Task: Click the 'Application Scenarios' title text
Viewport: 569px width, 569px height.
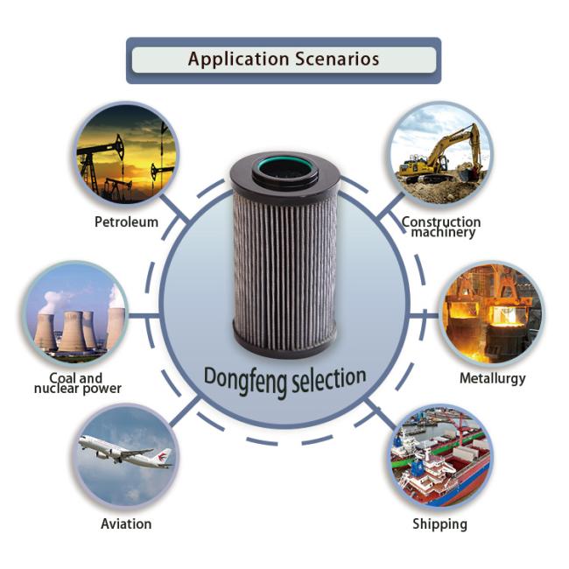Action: pos(284,60)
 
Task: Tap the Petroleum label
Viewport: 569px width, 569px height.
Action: pos(126,221)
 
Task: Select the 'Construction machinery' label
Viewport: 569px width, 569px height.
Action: pos(441,228)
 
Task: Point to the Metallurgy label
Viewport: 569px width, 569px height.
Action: pos(493,378)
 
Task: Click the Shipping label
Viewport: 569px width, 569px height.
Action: pos(439,524)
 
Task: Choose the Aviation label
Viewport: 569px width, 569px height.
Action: pos(126,523)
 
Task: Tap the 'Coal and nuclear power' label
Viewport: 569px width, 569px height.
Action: pos(77,383)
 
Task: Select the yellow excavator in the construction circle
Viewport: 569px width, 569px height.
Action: pos(441,155)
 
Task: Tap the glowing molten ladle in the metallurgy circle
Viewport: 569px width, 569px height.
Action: pos(504,315)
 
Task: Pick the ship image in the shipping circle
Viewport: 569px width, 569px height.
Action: pos(441,456)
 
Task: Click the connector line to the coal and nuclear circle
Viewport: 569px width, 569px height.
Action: pos(144,316)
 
